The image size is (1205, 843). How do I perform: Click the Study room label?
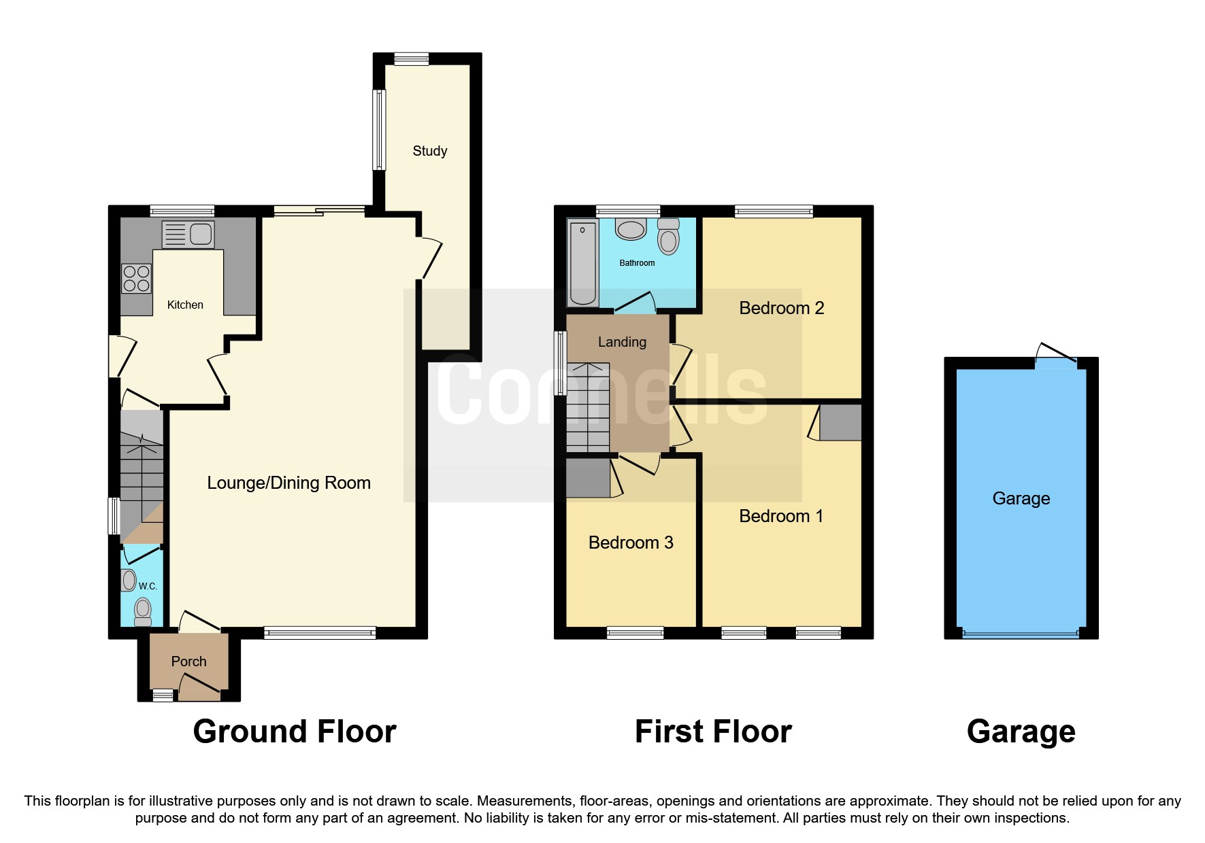(429, 151)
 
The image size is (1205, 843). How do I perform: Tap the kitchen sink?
(188, 235)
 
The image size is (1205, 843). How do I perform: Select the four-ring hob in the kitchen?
(136, 279)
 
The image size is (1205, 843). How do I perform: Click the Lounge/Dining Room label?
(288, 483)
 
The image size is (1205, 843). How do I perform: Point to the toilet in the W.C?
(143, 610)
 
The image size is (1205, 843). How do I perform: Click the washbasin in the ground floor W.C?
(129, 581)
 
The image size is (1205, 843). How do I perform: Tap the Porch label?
(188, 661)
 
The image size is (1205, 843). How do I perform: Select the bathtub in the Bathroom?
(582, 263)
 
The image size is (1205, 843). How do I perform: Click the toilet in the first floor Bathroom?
(668, 237)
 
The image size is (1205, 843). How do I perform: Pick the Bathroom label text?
(637, 263)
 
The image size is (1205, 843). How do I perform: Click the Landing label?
(622, 342)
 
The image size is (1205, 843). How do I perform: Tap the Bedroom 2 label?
(781, 308)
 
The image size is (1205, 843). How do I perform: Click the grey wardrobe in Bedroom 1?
(840, 422)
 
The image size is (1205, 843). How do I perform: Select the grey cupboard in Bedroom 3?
(589, 478)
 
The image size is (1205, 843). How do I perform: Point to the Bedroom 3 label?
(630, 543)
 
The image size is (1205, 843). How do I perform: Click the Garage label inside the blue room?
(1021, 498)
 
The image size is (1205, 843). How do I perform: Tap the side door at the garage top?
(1055, 357)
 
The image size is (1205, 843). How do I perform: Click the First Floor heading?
(712, 732)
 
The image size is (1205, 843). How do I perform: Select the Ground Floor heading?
(294, 732)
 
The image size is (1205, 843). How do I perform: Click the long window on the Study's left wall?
(379, 129)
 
